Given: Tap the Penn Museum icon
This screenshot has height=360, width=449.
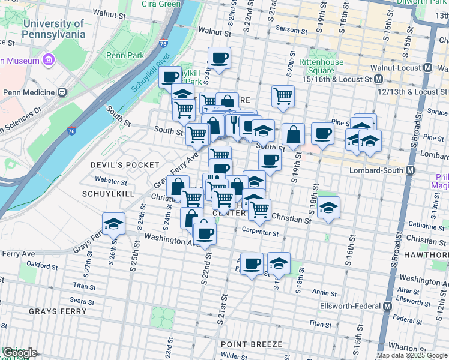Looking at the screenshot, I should coord(49,61).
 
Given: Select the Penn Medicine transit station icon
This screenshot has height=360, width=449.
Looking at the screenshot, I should coord(61,92).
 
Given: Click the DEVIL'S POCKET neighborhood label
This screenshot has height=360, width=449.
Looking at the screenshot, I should coord(125,164).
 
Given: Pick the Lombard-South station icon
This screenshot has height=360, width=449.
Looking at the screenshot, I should coord(410,170).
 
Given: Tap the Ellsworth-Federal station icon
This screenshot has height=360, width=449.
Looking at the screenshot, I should coord(387,305).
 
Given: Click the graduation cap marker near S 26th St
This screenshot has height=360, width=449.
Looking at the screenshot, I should coord(113,224).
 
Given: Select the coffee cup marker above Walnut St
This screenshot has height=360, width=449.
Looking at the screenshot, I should coord(219,58).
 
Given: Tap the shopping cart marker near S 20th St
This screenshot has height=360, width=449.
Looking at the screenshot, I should coord(282,95).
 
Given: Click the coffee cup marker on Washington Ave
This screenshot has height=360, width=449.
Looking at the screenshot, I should coord(204,232).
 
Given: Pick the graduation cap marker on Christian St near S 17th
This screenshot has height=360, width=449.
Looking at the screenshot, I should coord(328,208).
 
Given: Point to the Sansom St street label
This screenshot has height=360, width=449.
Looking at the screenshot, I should coord(291,28).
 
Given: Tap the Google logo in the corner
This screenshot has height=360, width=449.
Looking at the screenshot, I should coord(20,353).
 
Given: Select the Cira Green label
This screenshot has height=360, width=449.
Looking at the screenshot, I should coord(161,4).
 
